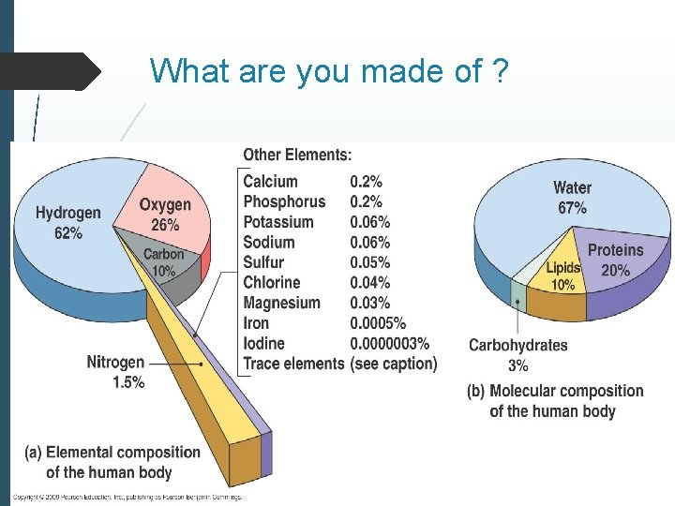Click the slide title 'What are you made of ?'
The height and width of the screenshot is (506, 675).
(x=328, y=70)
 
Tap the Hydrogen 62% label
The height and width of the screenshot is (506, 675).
(x=68, y=223)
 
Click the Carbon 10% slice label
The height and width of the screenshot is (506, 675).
(x=164, y=262)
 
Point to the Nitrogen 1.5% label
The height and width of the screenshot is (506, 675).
(x=115, y=372)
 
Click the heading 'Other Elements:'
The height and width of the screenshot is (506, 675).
(x=297, y=155)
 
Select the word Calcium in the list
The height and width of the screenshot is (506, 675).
(x=271, y=182)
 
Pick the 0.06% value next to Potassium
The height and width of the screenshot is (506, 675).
(x=370, y=222)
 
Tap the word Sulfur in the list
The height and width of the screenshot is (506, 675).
(x=263, y=262)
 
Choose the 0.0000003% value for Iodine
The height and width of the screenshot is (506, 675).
(x=389, y=344)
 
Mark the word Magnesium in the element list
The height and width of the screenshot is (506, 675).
(x=281, y=303)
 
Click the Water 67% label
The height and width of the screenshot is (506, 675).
(x=572, y=198)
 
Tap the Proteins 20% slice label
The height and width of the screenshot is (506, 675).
(x=615, y=260)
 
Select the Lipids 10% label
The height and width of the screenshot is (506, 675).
(x=563, y=276)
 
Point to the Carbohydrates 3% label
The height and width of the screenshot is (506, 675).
(x=518, y=355)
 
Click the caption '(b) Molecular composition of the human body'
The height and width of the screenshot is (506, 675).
(x=555, y=401)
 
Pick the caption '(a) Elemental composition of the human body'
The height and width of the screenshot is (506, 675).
(x=112, y=463)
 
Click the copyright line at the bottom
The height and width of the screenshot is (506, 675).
(x=127, y=497)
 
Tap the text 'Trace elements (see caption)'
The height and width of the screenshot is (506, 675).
(x=340, y=364)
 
